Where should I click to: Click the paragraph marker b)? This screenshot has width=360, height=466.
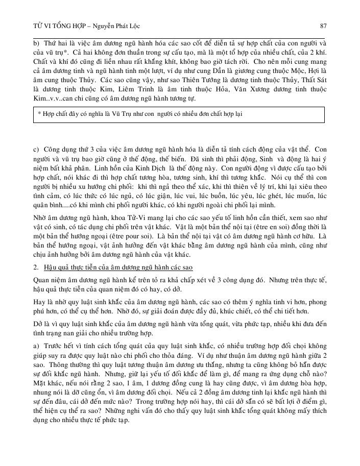(36, 43)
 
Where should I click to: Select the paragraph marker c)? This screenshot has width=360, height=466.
(36, 150)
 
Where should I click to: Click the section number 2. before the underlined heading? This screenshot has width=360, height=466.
(36, 268)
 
